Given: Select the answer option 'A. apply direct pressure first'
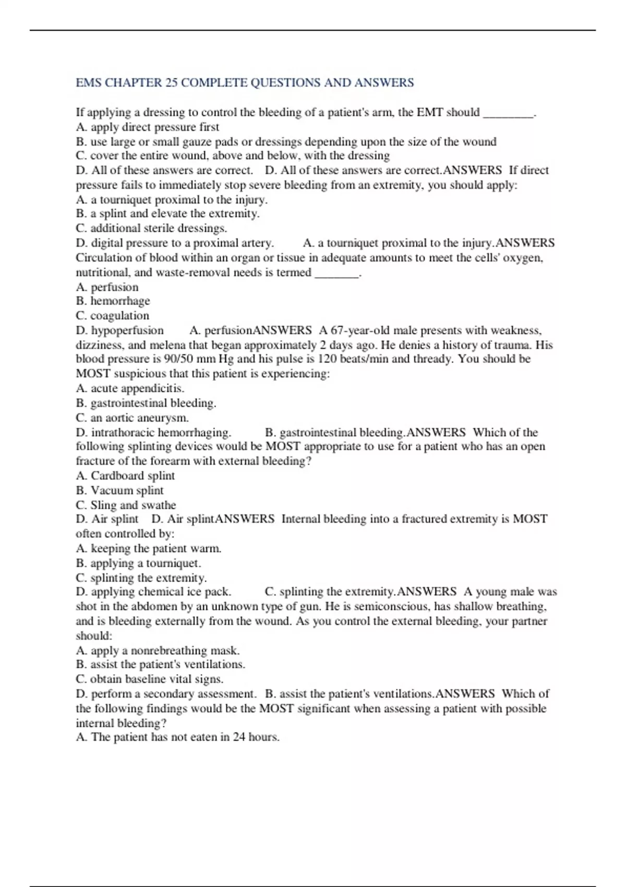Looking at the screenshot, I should point(148,127).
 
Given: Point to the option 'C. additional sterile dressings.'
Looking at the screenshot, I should point(151,228).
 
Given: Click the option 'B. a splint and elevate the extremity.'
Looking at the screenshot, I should point(167,213).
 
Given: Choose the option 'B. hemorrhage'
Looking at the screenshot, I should point(113,301).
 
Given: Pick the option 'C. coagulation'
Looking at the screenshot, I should point(113,316).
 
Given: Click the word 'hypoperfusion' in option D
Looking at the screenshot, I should point(127,330).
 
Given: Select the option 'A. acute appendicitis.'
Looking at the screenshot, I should point(130,388).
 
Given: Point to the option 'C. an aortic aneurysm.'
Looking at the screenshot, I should point(132,417).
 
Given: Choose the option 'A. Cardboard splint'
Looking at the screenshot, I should point(125,475).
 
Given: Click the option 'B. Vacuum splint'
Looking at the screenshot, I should point(119,490).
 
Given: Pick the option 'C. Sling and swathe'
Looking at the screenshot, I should point(126,505).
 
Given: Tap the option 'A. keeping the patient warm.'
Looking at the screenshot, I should point(149,548).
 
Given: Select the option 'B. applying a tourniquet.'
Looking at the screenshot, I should point(138,563).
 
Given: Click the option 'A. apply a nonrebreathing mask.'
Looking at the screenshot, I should point(158,650).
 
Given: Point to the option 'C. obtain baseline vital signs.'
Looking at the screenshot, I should point(149,679).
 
